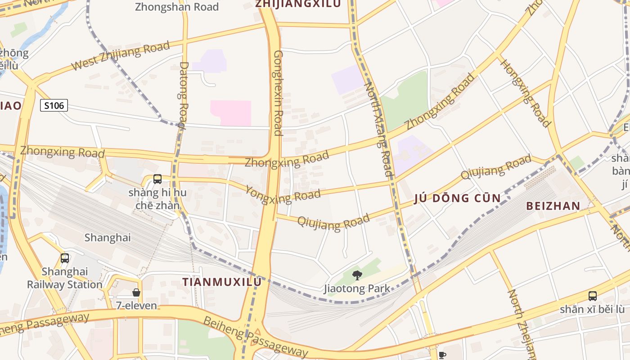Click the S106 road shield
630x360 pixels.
[x=54, y=106]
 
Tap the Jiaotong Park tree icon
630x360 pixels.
[x=357, y=274]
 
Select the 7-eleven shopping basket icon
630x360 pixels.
[x=136, y=292]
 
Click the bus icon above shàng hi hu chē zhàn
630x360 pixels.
[x=157, y=179]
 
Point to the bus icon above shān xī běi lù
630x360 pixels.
[x=593, y=296]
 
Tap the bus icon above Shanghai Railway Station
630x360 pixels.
[x=65, y=258]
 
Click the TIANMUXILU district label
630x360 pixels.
[x=221, y=282]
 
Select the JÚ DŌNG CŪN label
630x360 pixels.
[x=457, y=198]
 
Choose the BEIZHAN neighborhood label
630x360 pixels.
[x=553, y=206]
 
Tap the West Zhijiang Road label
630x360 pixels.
[x=120, y=55]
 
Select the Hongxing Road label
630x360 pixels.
[x=525, y=93]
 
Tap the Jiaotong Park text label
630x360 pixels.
[x=357, y=288]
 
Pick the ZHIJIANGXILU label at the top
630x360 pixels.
[x=298, y=4]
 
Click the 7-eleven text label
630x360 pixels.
[x=136, y=306]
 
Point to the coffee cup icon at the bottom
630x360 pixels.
[x=442, y=355]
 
